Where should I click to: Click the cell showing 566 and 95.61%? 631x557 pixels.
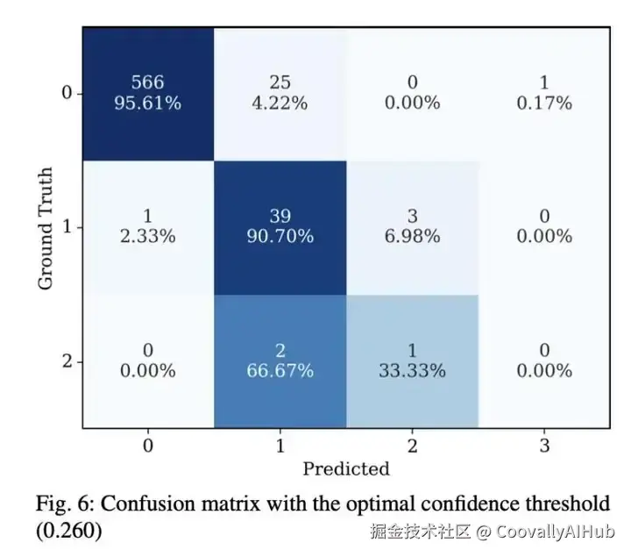[148, 94]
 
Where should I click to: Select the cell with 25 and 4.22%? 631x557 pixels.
[280, 94]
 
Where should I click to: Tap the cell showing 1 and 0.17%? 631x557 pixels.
[544, 94]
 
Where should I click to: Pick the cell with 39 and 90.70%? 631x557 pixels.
[280, 227]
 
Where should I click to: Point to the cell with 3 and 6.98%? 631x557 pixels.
[412, 227]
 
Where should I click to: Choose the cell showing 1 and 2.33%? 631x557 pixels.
[148, 227]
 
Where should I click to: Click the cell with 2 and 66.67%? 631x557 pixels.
[280, 361]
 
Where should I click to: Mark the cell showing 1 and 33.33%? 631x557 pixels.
[412, 361]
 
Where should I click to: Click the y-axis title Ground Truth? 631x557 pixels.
[46, 228]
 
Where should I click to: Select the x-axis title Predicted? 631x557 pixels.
[346, 468]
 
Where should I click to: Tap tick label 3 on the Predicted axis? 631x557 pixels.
[544, 446]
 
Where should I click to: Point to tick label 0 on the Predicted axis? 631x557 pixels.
[148, 446]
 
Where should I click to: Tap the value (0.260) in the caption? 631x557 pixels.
[68, 532]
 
